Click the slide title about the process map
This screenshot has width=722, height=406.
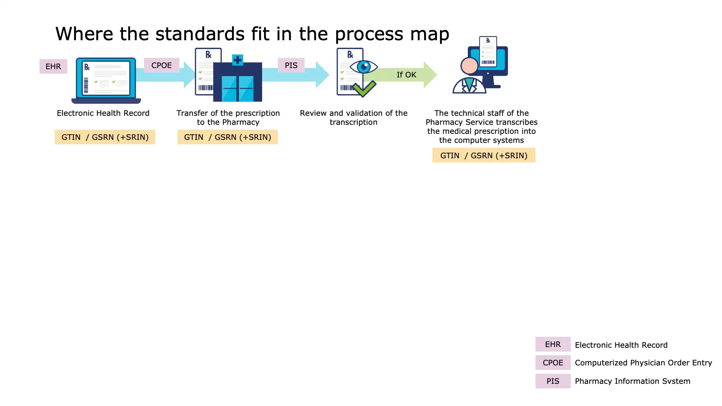click(x=252, y=34)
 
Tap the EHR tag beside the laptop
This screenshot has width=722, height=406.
click(x=53, y=67)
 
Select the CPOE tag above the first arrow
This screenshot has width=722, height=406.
click(x=161, y=65)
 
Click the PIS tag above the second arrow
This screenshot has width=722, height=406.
click(x=291, y=65)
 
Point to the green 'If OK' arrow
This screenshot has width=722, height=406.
click(x=406, y=75)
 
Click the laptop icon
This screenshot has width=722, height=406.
click(x=106, y=80)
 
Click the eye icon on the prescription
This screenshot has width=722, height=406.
click(x=364, y=67)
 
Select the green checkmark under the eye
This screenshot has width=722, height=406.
click(x=364, y=89)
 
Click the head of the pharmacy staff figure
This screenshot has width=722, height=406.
click(x=469, y=66)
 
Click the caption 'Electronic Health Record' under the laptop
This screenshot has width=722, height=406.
click(x=103, y=113)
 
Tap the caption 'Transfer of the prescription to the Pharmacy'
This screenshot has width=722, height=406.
click(x=228, y=118)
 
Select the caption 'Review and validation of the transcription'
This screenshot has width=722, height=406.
click(x=353, y=118)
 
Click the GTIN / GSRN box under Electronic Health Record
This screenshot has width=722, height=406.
click(x=105, y=137)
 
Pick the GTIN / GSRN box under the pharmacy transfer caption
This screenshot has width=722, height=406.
click(x=228, y=137)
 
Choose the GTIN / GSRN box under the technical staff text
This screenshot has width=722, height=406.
click(x=484, y=155)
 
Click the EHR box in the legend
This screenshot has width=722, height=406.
click(x=553, y=344)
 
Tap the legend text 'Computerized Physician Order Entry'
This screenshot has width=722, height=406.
click(x=643, y=363)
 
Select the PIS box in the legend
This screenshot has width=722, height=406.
click(x=553, y=381)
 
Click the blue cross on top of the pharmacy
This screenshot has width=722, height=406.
click(x=237, y=60)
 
